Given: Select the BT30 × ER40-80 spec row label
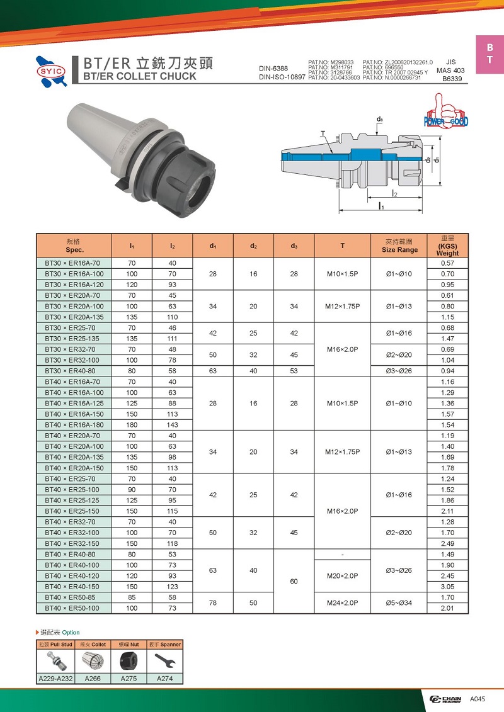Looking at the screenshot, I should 70,371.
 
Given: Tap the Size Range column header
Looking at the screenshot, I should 399,246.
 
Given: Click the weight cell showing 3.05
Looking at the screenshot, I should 447,586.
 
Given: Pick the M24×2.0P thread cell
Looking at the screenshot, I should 342,602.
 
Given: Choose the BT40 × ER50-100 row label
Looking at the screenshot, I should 70,608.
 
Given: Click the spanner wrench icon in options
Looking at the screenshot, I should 165,660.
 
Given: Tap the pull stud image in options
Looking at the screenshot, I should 55,660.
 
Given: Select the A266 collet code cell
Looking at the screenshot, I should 92,679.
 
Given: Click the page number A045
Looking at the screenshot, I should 477,699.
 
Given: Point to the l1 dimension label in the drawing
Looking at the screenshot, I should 381,206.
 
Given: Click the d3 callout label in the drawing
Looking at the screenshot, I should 380,119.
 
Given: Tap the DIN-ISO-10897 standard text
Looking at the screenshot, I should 282,77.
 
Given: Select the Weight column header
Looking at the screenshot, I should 447,246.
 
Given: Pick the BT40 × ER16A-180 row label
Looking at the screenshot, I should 70,425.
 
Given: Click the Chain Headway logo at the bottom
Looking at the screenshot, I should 446,699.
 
